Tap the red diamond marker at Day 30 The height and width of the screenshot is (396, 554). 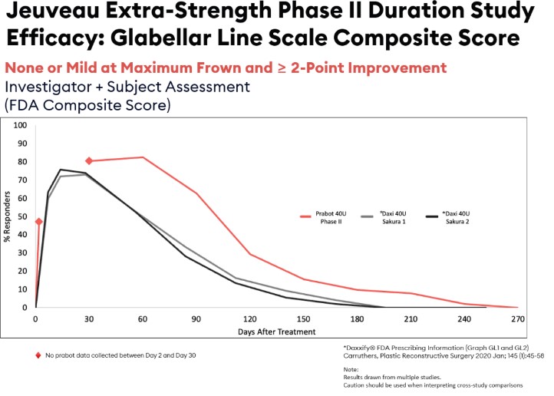coord(89,160)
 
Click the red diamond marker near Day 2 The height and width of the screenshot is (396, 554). coord(38,222)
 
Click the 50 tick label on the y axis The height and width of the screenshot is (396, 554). coord(23,216)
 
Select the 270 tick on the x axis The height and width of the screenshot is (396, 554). coord(518,319)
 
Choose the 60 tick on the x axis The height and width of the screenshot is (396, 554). coord(142,319)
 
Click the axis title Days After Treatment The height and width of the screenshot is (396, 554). coord(276,332)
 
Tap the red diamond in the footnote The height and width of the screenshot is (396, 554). coord(38,355)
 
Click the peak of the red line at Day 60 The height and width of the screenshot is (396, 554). coord(142,157)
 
